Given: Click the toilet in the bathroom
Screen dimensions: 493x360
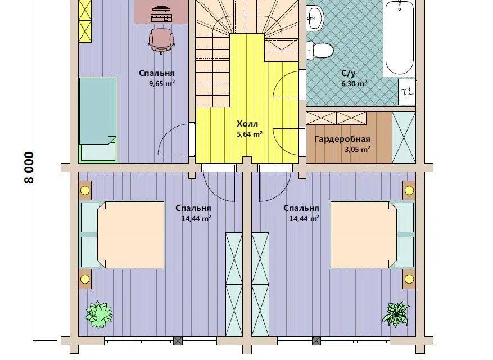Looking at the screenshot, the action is (x=319, y=50).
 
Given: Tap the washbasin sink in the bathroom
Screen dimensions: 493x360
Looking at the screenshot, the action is (x=315, y=17).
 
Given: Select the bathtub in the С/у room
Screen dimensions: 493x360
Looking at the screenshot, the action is (x=400, y=38).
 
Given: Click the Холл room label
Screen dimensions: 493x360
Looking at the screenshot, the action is (x=247, y=123).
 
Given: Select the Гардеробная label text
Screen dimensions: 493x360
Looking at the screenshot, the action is (x=342, y=139).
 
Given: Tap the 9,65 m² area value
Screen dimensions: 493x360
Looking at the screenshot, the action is (x=162, y=84).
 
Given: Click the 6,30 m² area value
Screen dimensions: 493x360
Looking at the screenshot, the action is (x=354, y=84).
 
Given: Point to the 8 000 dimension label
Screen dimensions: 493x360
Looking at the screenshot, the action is (x=29, y=168).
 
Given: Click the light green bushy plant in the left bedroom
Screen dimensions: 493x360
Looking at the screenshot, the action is (x=99, y=314).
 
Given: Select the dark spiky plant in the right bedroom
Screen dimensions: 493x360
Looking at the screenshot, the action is (x=396, y=314).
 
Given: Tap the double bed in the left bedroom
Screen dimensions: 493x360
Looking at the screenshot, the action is (x=123, y=235).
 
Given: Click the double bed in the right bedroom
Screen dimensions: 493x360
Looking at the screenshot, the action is (x=372, y=235).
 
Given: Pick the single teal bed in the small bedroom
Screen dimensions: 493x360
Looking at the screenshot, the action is (x=98, y=120).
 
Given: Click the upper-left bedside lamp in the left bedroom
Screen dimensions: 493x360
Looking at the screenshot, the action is (x=85, y=190).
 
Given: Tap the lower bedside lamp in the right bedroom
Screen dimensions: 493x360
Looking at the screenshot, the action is (x=409, y=279).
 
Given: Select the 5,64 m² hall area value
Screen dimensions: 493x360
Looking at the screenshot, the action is (x=250, y=134).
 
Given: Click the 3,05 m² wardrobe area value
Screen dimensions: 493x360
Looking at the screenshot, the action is (x=358, y=150).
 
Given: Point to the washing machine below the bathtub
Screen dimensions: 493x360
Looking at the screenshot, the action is (x=407, y=91).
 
